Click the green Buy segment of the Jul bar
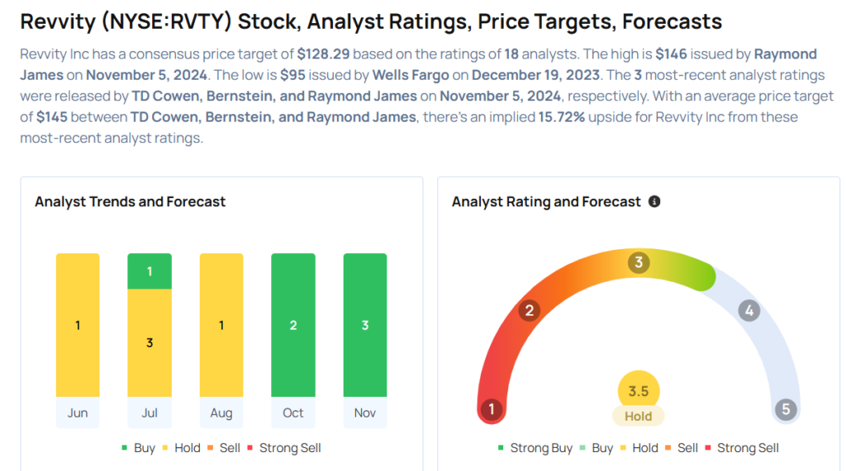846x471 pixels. click(150, 271)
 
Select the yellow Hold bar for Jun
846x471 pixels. click(78, 325)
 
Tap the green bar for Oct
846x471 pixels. click(293, 325)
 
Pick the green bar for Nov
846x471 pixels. click(365, 325)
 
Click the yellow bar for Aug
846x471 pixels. click(221, 325)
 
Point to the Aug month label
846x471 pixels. click(221, 412)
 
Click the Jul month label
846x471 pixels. click(150, 412)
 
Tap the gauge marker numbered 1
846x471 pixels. click(492, 409)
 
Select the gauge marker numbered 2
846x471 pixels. click(529, 311)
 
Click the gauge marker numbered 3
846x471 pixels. click(638, 263)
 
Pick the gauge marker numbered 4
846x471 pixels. click(749, 311)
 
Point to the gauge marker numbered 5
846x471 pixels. click(786, 409)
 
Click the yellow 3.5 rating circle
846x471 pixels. click(639, 391)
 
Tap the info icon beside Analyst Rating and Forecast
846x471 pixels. click(654, 201)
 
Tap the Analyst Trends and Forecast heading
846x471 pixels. click(130, 201)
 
